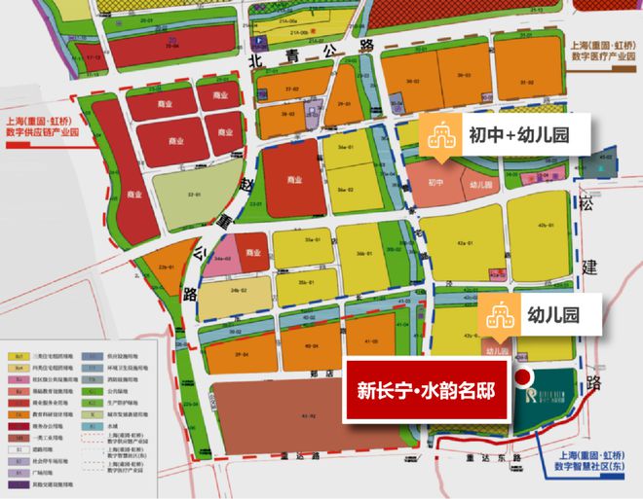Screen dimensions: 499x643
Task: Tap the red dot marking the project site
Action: coord(522,379)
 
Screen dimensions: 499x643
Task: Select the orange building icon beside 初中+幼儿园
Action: coord(440,136)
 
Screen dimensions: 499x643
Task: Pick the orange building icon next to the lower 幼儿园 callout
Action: coord(498,315)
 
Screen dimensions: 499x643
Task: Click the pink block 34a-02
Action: coord(223,259)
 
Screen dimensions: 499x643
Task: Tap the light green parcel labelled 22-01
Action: coord(197,195)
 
